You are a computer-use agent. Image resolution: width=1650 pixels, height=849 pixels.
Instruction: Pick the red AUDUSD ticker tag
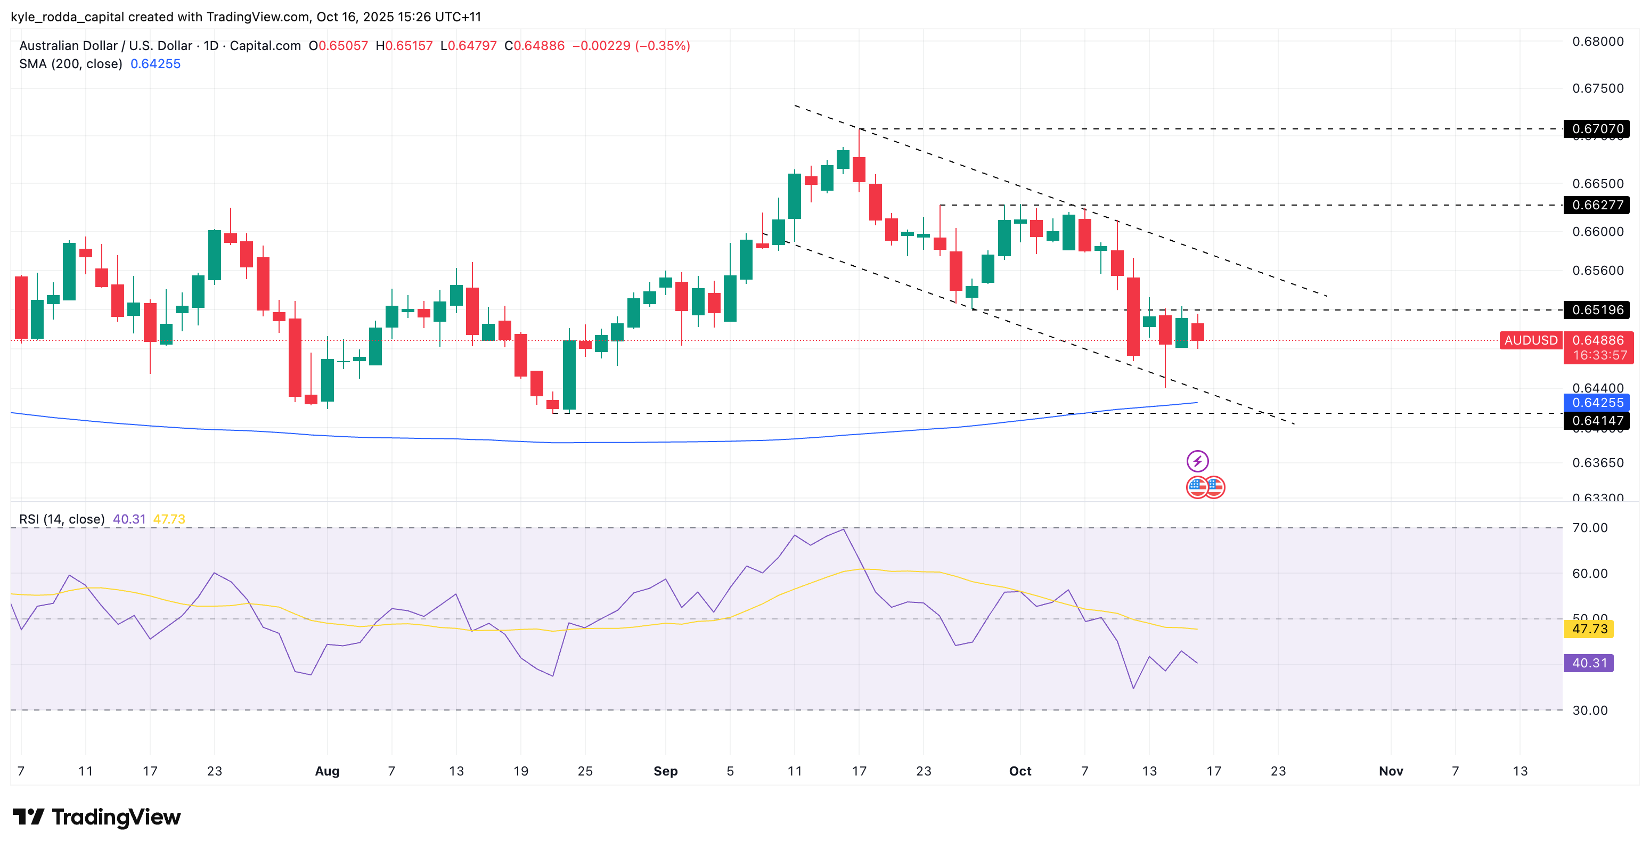pos(1530,340)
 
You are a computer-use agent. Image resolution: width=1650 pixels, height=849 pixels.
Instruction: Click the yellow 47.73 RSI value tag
pos(1589,628)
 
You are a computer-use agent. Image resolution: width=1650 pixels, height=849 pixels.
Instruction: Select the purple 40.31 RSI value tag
pos(1589,663)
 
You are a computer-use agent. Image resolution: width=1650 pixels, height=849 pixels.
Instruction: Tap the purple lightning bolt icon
pos(1197,461)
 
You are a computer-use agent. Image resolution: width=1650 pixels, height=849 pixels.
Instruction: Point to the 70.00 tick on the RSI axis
pos(1589,528)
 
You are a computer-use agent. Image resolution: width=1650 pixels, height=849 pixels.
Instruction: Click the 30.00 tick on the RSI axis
pos(1589,710)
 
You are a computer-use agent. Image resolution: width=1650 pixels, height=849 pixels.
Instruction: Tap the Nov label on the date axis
pos(1391,771)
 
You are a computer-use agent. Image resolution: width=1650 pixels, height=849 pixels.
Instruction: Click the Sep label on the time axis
pos(666,771)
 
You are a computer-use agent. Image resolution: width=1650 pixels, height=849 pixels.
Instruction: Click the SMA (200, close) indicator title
pos(70,64)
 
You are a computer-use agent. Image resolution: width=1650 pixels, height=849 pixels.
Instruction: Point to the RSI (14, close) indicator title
pos(61,519)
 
